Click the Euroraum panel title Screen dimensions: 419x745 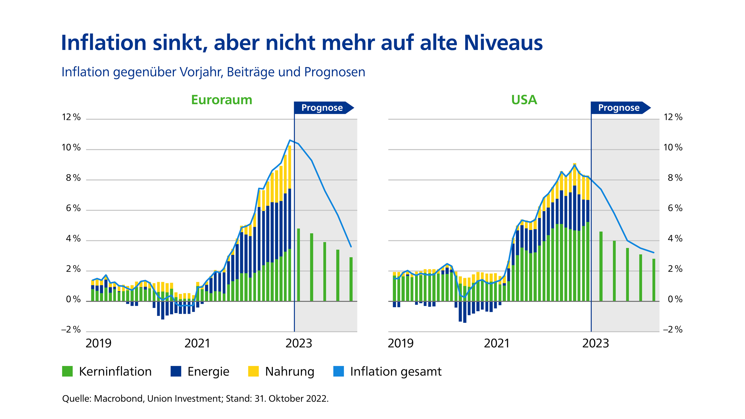click(x=222, y=100)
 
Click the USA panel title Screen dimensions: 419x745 click(x=524, y=100)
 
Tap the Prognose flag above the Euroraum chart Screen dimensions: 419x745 click(x=322, y=108)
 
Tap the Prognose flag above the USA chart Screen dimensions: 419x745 click(x=619, y=108)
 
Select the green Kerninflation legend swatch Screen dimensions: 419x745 click(x=67, y=371)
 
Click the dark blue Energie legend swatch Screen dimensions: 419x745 click(x=176, y=371)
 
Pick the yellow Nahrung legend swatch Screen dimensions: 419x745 click(x=253, y=371)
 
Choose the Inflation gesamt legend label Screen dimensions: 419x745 click(x=395, y=372)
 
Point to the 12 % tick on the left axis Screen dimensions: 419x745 click(x=71, y=117)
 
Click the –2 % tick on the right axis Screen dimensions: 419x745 click(x=673, y=329)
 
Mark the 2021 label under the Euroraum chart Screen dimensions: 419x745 click(x=197, y=343)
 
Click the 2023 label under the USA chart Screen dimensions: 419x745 click(x=595, y=343)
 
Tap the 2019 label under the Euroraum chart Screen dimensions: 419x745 click(x=98, y=343)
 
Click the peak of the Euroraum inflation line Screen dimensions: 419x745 click(x=290, y=140)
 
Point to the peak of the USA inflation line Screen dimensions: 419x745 click(x=575, y=165)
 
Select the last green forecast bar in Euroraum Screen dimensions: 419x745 click(x=351, y=279)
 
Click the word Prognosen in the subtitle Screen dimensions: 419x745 click(x=334, y=72)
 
